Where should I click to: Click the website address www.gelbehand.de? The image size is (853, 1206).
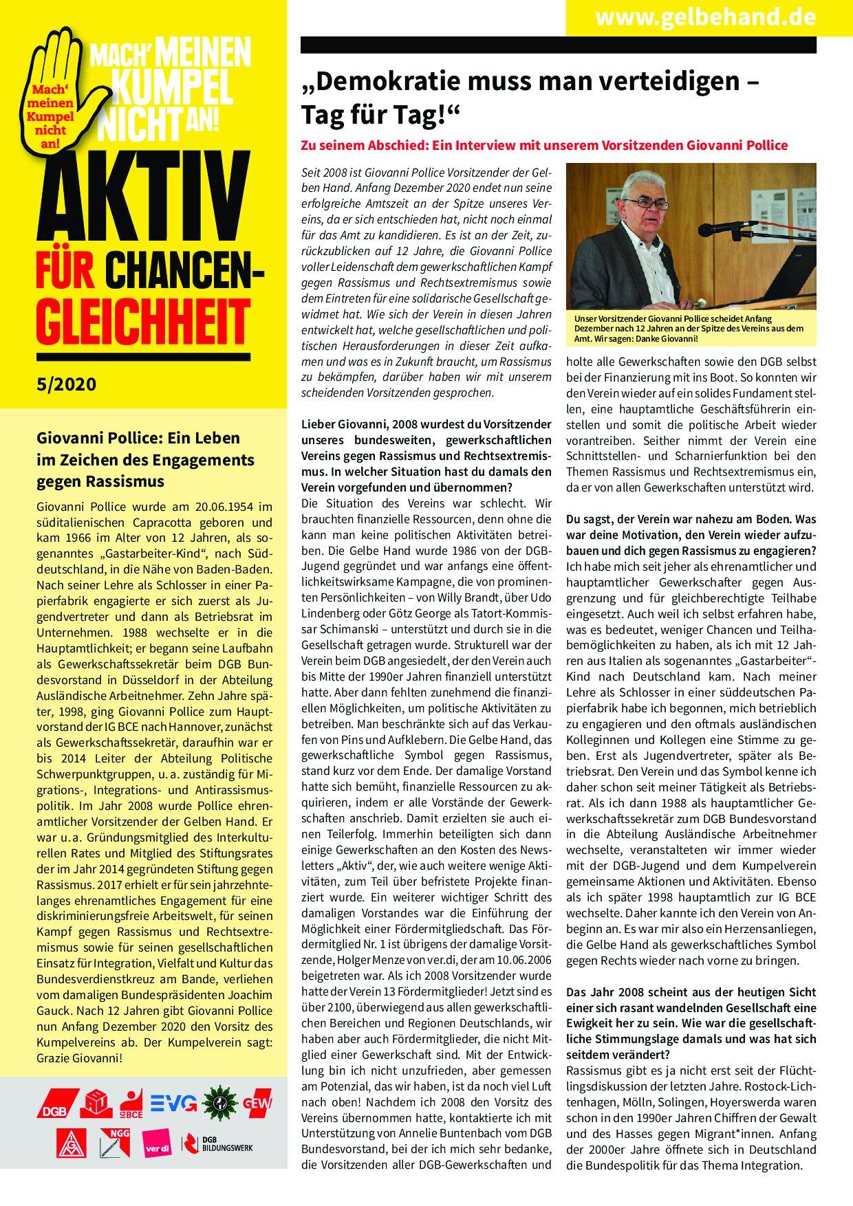(705, 17)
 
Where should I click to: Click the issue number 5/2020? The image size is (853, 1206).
(67, 384)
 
